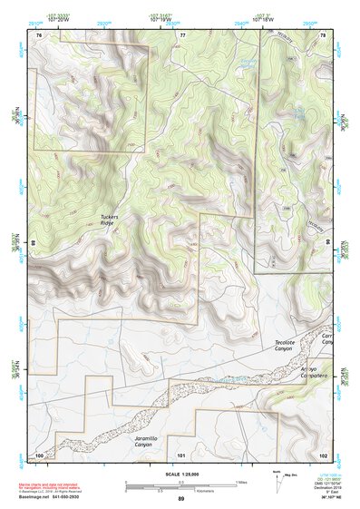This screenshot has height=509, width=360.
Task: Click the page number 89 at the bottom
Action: (180, 499)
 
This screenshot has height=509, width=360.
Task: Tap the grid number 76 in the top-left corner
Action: (39, 34)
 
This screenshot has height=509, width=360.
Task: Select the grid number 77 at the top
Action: (182, 34)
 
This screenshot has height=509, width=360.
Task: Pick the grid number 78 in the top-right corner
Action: (323, 34)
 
